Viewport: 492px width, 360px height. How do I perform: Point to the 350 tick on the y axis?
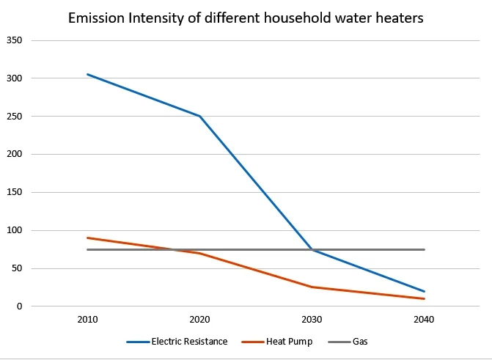(x=15, y=40)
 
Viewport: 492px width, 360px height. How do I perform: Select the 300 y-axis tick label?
(x=15, y=78)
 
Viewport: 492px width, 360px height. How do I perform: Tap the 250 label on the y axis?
(x=15, y=117)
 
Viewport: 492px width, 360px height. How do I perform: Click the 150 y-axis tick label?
(x=15, y=192)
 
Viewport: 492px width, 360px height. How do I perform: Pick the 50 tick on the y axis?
(x=17, y=268)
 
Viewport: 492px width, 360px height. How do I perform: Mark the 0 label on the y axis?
(x=19, y=306)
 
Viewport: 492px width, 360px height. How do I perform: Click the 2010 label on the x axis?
(x=87, y=320)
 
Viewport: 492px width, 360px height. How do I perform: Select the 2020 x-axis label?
(x=199, y=320)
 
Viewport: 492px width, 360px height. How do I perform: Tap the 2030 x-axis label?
(x=312, y=320)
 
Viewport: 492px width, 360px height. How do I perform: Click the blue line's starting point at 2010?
(x=87, y=74)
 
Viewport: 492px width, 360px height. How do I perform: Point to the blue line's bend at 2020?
(x=199, y=116)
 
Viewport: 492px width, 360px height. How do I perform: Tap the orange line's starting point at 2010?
(x=87, y=238)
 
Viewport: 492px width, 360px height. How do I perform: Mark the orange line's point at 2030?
(x=312, y=287)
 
